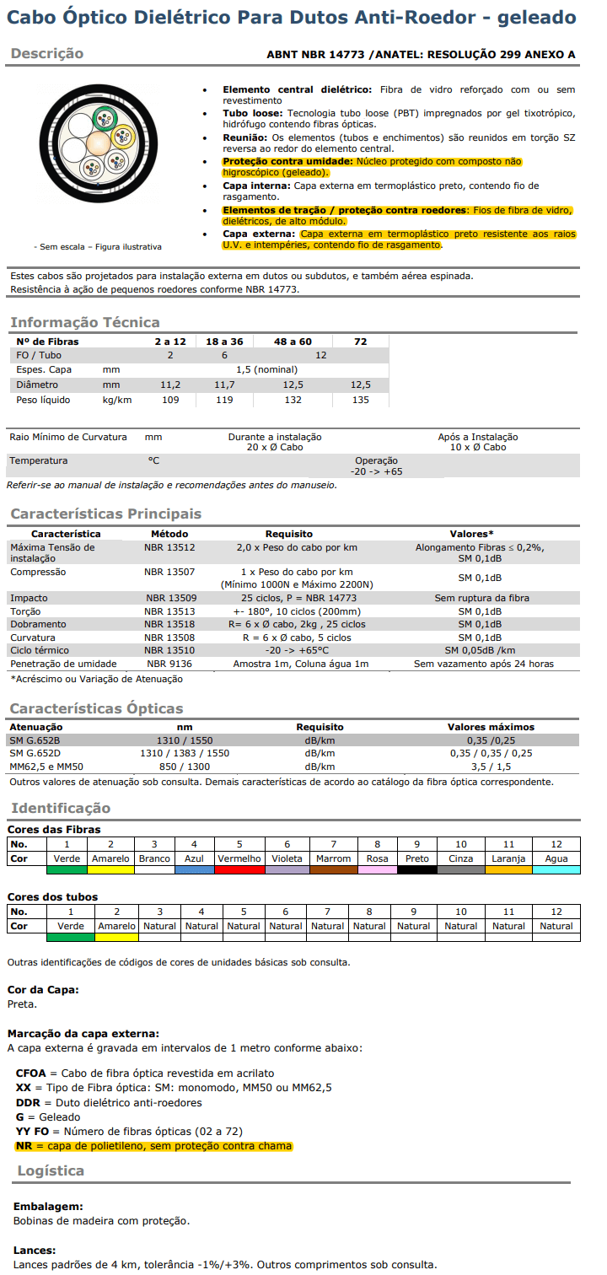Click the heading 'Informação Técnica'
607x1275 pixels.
point(84,322)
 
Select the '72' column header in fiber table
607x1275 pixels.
point(360,341)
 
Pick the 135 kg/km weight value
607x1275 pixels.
point(360,400)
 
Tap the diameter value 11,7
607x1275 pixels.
point(224,385)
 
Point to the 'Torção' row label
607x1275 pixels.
point(25,611)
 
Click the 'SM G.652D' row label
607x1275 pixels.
point(35,753)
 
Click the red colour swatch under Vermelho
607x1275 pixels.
point(239,869)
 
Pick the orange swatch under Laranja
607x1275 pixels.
point(508,869)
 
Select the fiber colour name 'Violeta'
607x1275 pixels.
point(287,858)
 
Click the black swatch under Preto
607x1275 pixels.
point(416,869)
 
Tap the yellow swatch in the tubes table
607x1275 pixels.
point(116,937)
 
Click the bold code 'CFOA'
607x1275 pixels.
point(31,1073)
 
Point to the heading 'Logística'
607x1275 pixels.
point(51,1170)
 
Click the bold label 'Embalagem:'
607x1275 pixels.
point(48,1207)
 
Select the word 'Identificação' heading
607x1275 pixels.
point(61,808)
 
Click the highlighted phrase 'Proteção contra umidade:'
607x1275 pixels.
point(287,161)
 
